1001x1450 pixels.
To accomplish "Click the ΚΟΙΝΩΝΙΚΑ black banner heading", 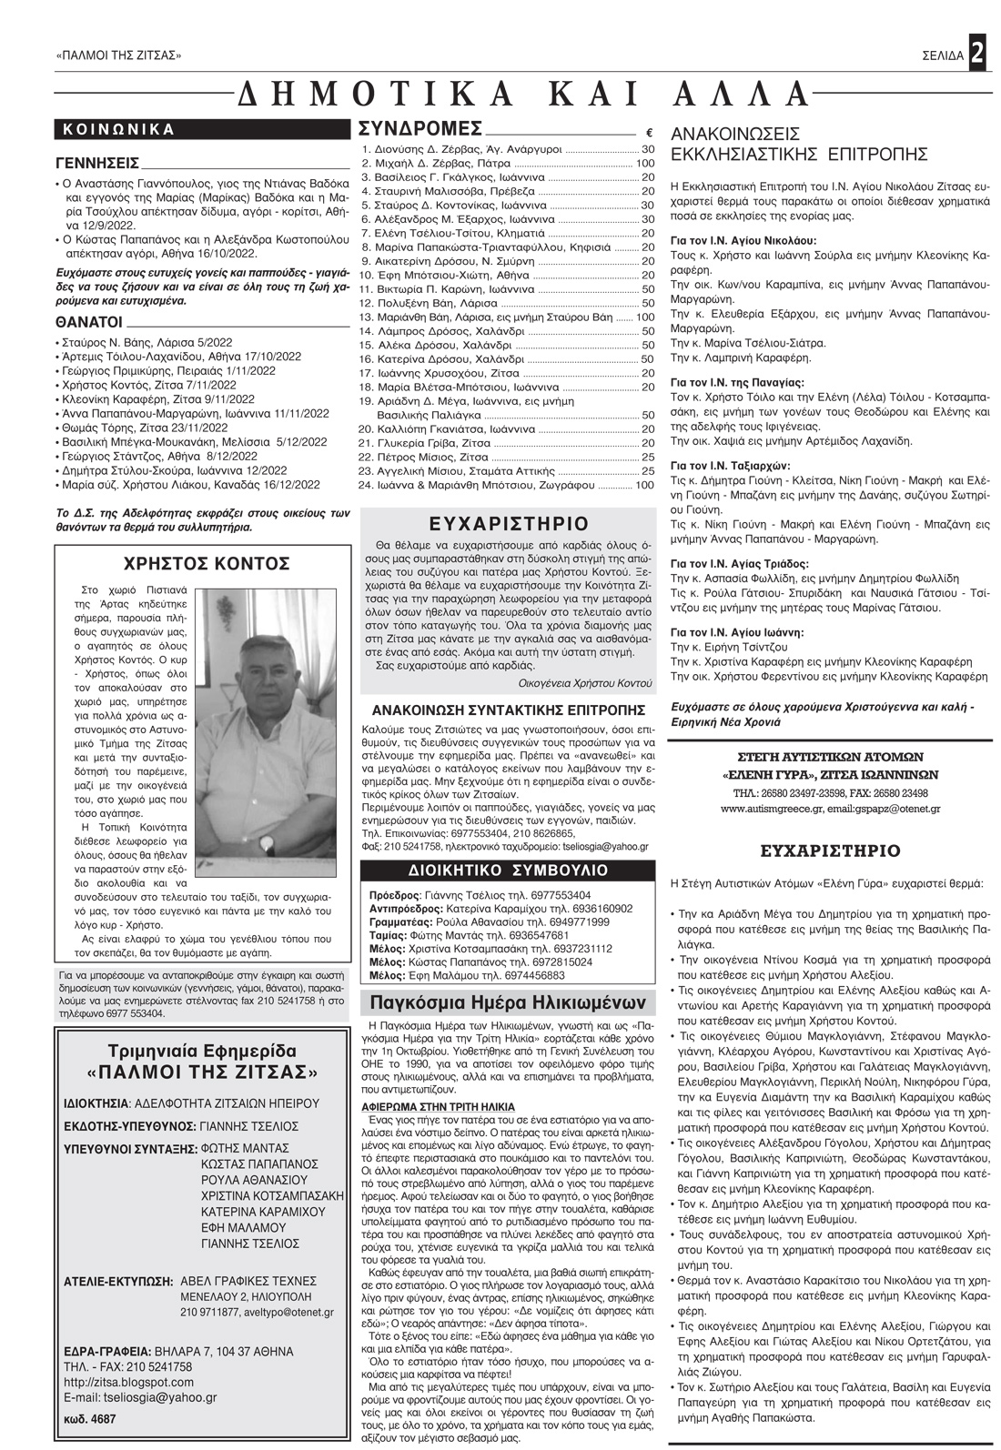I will coord(118,129).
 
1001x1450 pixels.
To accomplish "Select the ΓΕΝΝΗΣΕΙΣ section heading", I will coord(97,164).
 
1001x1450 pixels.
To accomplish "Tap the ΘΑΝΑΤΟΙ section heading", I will coord(88,322).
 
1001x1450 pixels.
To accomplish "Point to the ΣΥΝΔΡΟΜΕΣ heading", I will coord(420,127).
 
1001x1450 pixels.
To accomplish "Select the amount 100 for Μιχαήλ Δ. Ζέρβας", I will coord(645,163).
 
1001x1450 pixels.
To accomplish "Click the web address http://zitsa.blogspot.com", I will coord(129,1382).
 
